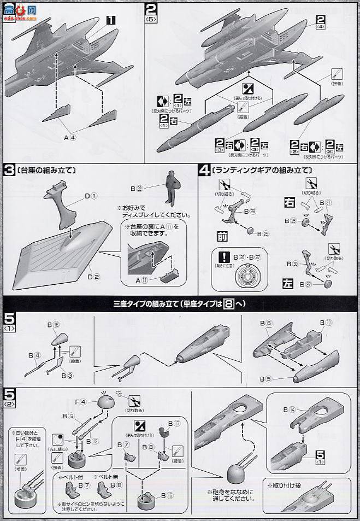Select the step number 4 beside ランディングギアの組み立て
coord(203,170)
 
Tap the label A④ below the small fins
coord(72,138)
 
